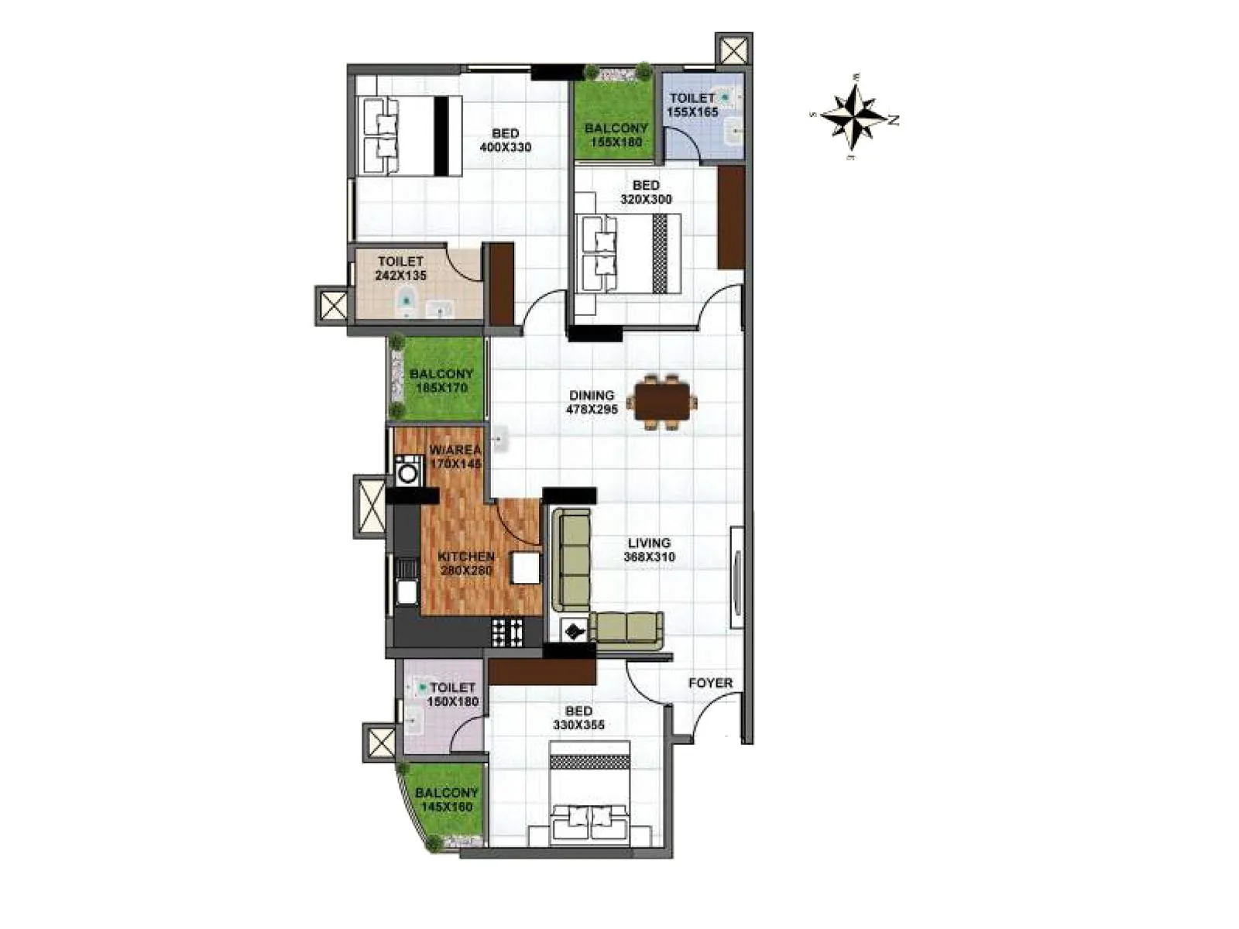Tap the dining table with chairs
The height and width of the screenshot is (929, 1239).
tap(661, 403)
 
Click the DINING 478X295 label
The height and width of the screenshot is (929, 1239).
tap(592, 403)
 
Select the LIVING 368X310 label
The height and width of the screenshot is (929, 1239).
tap(649, 550)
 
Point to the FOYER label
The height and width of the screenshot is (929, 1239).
tap(710, 683)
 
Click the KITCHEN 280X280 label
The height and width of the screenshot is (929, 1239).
tap(466, 564)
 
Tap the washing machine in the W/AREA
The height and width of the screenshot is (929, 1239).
tap(407, 471)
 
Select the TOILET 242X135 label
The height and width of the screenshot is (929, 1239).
tap(401, 268)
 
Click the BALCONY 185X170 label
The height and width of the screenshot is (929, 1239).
tap(441, 381)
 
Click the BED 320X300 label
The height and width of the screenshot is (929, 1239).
tap(646, 192)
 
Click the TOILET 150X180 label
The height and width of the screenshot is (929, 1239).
tap(453, 694)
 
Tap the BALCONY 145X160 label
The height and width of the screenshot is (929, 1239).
tap(446, 800)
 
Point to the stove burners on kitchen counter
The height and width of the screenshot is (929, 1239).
tap(508, 633)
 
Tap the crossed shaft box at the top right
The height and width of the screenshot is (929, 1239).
tap(733, 51)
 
